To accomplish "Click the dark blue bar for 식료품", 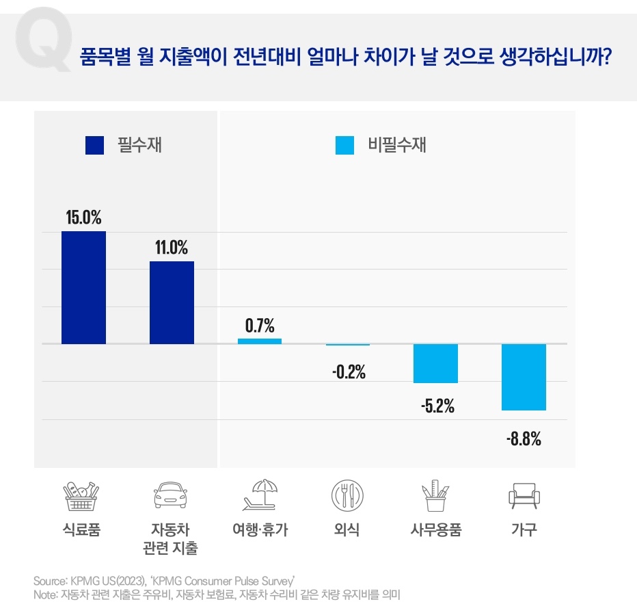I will tap(83, 287).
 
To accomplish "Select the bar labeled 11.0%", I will tap(172, 302).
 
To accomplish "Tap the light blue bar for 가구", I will tap(524, 377).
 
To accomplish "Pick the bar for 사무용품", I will tap(435, 363).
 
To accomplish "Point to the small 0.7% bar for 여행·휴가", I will tap(260, 341).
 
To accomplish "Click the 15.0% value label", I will tap(83, 218).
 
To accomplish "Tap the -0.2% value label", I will tap(349, 373).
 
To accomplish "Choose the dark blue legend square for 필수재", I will tap(94, 145).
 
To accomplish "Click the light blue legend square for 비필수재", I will tap(345, 145).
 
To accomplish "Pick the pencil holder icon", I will tap(435, 495).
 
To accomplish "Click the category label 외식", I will tap(347, 530).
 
